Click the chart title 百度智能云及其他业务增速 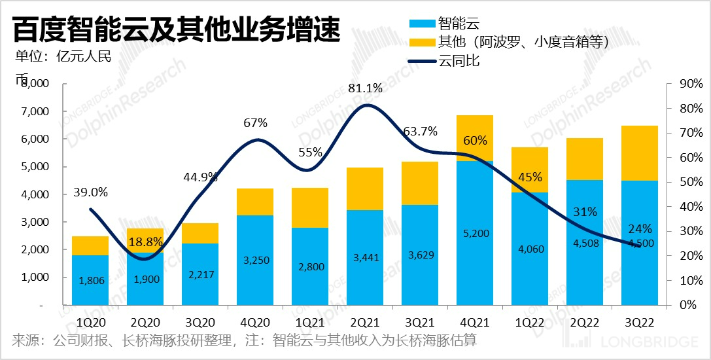[x=177, y=29]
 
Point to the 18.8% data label [x=146, y=242]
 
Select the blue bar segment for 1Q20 [x=90, y=280]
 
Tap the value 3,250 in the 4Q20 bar [x=255, y=260]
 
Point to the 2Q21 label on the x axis [x=365, y=322]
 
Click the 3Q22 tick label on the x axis [x=640, y=322]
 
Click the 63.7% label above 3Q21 [x=419, y=130]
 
